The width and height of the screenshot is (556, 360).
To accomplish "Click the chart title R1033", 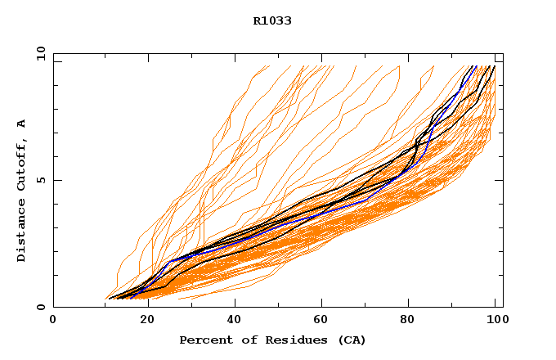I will tap(272, 21).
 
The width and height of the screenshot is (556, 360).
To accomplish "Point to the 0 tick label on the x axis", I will tap(53, 321).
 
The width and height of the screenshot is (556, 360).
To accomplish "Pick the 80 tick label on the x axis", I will tap(410, 321).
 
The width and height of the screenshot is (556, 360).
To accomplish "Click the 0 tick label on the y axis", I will tap(40, 308).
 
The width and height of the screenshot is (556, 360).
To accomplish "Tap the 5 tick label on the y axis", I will tap(40, 180).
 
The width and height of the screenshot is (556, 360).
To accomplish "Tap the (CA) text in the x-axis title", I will tap(350, 340).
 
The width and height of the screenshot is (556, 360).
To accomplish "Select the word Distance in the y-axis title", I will tap(21, 232).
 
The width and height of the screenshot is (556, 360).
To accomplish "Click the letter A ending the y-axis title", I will tap(21, 124).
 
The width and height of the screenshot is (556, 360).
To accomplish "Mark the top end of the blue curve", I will tap(475, 66).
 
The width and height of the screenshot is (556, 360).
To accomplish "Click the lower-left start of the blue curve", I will tap(123, 297).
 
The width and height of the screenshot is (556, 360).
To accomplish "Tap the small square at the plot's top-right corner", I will tap(498, 57).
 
